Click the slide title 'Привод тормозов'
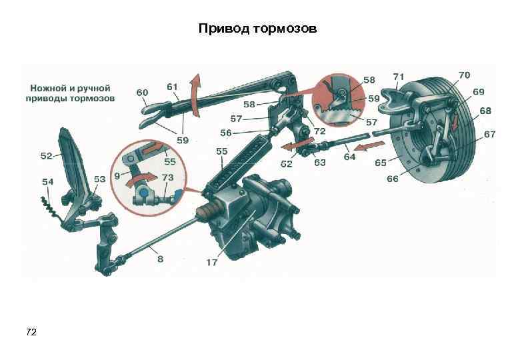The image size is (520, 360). [x=260, y=30]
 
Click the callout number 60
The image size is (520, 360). [x=142, y=92]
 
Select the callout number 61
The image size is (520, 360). [x=172, y=87]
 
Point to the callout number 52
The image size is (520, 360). [x=46, y=157]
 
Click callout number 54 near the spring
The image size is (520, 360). [x=48, y=181]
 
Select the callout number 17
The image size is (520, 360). [x=211, y=263]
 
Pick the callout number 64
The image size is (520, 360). [x=349, y=157]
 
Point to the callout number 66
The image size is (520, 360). [x=393, y=179]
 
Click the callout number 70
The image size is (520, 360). [x=464, y=75]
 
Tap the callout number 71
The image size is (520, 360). [x=399, y=77]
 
